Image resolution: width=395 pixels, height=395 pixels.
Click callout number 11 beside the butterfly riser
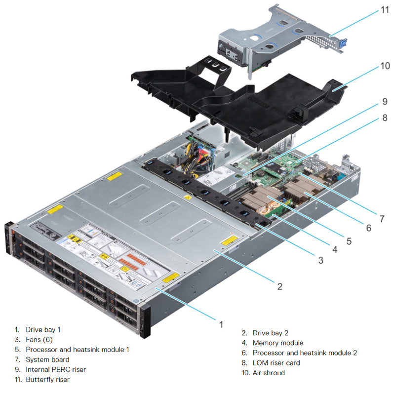coord(384,9)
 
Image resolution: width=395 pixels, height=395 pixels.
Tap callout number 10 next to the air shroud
coord(384,66)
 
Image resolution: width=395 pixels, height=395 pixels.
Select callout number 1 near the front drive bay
coord(221,324)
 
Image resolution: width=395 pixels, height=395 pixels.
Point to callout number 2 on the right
coord(279,286)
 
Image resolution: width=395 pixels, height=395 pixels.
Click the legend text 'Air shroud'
coord(269,373)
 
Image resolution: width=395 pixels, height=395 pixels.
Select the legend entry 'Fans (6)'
coord(39,340)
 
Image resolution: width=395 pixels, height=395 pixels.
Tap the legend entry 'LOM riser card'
coord(276,363)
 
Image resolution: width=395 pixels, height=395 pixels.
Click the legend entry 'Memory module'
coord(278,343)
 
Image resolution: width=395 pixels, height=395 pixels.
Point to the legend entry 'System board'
coord(47,359)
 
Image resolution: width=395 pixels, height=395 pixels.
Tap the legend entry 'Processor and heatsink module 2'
coord(305,353)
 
